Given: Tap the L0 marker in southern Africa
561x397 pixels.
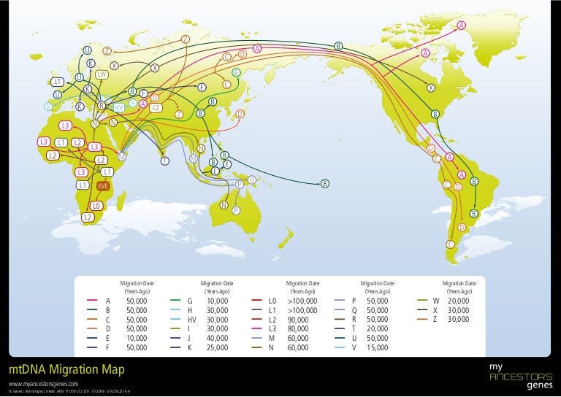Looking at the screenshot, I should click(96, 206).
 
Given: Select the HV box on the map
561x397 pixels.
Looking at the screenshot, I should click(119, 108).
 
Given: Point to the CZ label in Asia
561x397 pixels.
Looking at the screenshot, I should click(156, 108).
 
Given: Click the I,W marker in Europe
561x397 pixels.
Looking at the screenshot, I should click(102, 74).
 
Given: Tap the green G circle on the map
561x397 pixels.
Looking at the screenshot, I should click(236, 72).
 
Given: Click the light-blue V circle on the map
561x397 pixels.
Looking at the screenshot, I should click(47, 106).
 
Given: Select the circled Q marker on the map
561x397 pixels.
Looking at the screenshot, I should click(252, 179).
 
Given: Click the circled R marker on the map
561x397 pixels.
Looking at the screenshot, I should click(102, 106).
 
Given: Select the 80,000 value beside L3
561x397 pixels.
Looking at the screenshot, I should click(299, 329).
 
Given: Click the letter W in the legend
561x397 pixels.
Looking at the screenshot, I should click(435, 301).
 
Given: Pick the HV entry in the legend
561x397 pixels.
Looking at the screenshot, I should click(192, 320).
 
